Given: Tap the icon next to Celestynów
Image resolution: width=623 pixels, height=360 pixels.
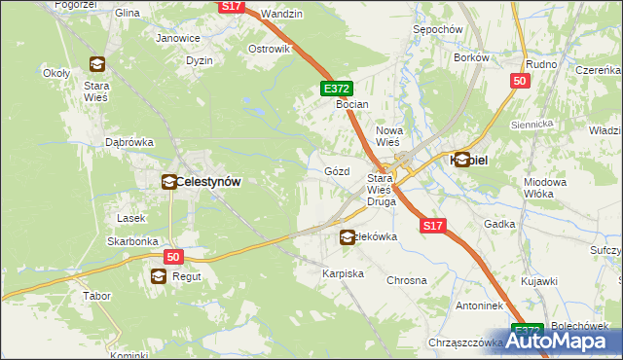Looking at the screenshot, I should tap(167, 181).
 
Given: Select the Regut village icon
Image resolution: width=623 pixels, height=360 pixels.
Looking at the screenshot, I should tap(158, 277).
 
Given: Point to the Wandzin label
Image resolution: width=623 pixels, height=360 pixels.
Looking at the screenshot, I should tap(282, 14).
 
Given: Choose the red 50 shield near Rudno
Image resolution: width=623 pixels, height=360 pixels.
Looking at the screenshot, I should tap(519, 82).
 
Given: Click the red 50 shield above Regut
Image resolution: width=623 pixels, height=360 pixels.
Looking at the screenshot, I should tap(173, 257).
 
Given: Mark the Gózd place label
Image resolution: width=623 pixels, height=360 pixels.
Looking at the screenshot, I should tap(336, 171).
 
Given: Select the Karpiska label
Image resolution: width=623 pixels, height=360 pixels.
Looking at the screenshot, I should tap(343, 274).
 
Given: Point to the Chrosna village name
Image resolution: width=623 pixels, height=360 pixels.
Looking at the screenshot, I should tap(407, 280).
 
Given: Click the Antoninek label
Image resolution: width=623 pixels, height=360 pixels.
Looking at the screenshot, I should tap(478, 306).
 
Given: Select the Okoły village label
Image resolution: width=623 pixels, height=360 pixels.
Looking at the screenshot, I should tap(55, 73).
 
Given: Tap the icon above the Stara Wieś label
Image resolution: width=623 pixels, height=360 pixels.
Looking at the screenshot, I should tap(97, 65).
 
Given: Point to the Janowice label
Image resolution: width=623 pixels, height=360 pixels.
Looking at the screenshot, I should tap(178, 39).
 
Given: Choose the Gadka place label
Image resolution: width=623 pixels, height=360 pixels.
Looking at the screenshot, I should tap(499, 224).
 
